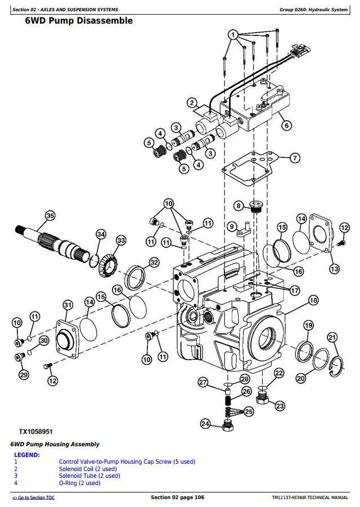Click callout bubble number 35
[50, 215]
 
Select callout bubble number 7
[295, 158]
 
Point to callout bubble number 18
[313, 300]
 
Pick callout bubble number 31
[67, 305]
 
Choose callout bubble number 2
[192, 103]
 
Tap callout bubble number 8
[238, 206]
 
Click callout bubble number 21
[332, 337]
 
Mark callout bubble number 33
[121, 241]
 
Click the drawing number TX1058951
[35, 432]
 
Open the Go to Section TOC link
[34, 497]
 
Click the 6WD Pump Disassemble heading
[79, 21]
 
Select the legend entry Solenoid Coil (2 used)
[88, 469]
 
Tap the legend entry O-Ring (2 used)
[79, 483]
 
